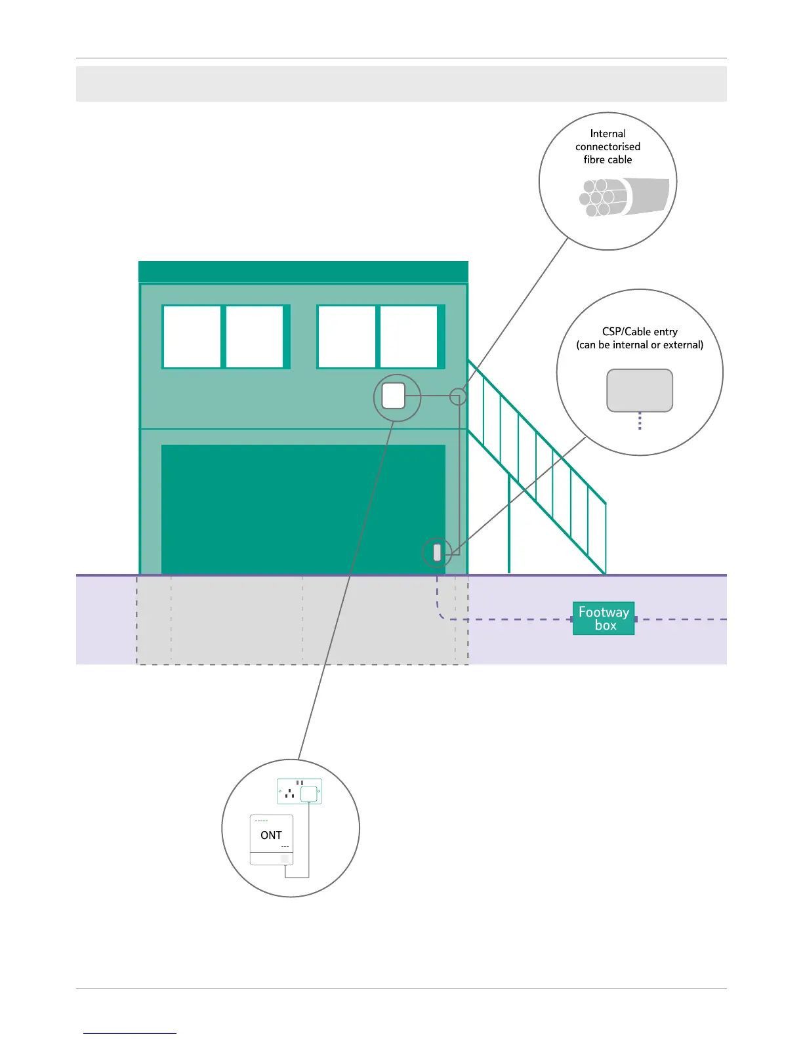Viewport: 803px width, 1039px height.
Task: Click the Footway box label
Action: click(604, 619)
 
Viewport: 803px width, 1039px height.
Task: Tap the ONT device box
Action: click(272, 840)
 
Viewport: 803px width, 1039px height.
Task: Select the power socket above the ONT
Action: click(299, 792)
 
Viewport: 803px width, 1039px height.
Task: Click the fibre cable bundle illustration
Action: click(624, 197)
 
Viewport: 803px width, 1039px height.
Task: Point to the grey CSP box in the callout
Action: click(640, 390)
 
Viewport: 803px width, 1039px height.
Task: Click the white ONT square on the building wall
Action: click(394, 396)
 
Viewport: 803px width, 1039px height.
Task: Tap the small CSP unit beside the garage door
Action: click(438, 552)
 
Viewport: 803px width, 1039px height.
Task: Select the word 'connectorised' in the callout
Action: click(607, 147)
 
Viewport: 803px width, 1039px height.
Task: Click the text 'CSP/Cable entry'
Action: click(640, 332)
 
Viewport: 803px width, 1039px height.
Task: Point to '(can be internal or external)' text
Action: click(640, 345)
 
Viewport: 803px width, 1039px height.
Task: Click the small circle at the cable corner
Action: click(458, 396)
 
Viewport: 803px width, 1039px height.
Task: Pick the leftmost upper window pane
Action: click(192, 336)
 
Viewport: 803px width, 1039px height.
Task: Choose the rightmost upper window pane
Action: click(409, 336)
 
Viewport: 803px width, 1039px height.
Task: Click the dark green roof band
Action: click(303, 272)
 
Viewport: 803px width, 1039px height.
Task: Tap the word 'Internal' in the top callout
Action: click(607, 134)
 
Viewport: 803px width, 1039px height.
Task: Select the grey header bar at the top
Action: click(401, 84)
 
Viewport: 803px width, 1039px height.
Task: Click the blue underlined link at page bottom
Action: click(130, 1032)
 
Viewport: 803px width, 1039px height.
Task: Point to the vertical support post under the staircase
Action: click(509, 525)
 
